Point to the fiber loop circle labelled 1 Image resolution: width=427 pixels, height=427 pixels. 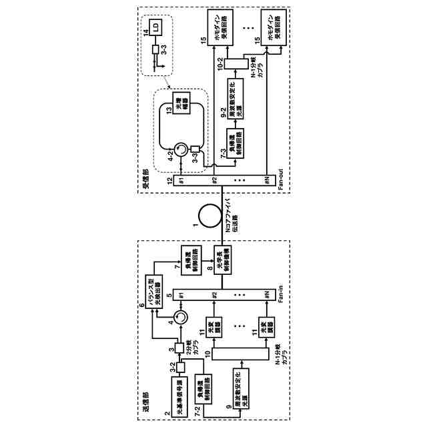coord(208,215)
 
